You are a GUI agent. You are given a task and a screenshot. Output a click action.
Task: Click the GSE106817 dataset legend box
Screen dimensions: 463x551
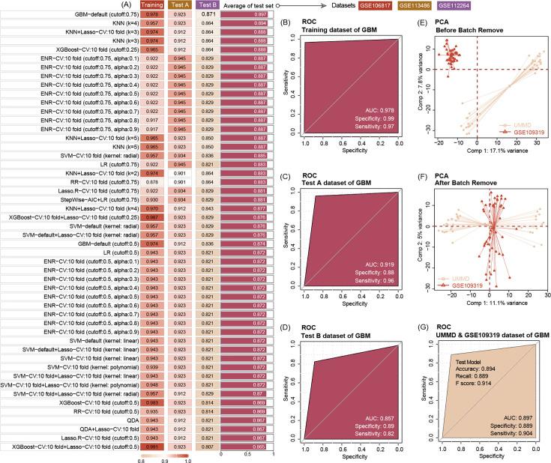coord(375,5)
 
